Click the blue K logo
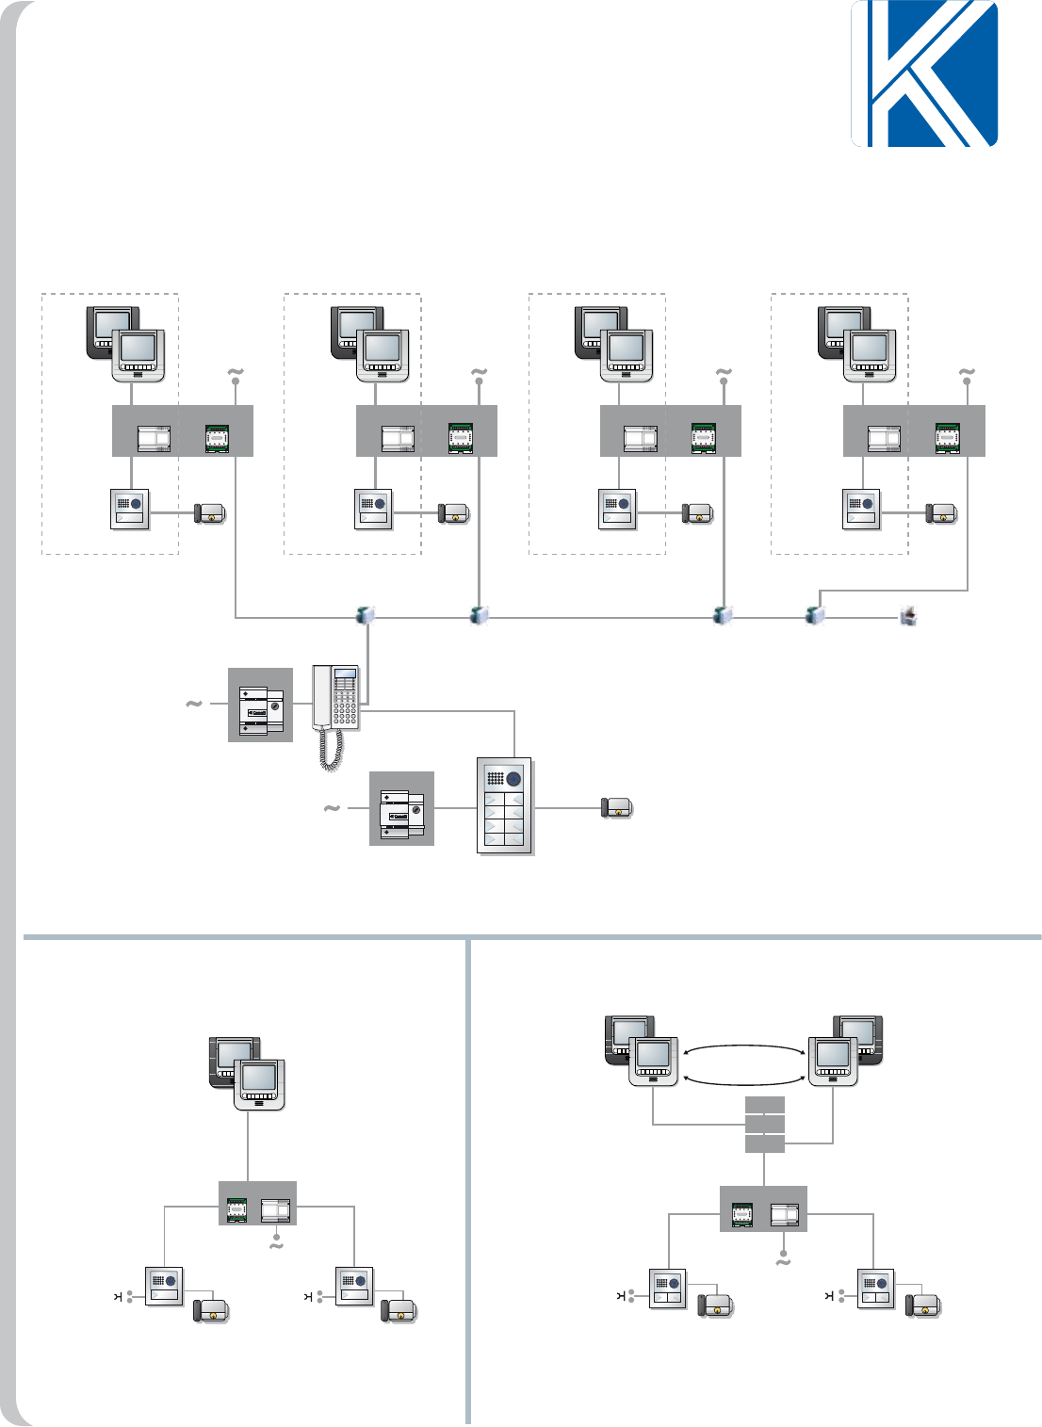(x=924, y=73)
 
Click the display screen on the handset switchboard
(x=346, y=677)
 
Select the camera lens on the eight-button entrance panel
(x=514, y=779)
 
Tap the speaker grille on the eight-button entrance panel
(x=495, y=779)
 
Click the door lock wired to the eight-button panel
(x=616, y=807)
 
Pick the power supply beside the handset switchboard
(x=261, y=705)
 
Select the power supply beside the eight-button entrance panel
(x=401, y=808)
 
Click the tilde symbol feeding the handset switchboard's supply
(x=193, y=704)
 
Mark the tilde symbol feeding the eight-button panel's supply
(x=332, y=808)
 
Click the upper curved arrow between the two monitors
(x=743, y=1047)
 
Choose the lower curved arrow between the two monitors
(x=743, y=1082)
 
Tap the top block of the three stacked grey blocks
(x=764, y=1105)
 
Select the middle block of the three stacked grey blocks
(x=764, y=1124)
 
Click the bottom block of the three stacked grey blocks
(x=764, y=1143)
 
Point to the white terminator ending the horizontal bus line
(x=909, y=617)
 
